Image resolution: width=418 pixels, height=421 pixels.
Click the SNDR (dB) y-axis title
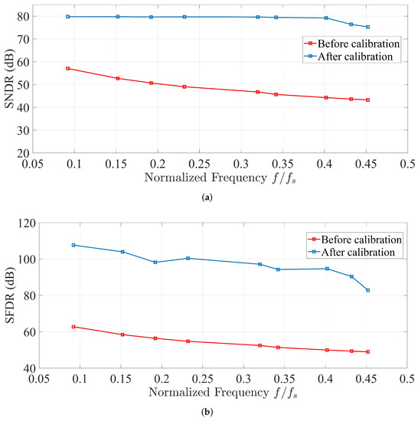[11, 80]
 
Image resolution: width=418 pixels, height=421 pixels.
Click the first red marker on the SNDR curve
[68, 69]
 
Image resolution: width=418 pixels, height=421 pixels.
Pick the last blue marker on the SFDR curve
[368, 290]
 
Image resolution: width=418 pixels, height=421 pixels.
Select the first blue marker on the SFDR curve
[73, 245]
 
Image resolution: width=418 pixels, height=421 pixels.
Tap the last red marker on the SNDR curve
[367, 100]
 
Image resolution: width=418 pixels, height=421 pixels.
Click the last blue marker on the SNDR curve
[367, 27]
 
